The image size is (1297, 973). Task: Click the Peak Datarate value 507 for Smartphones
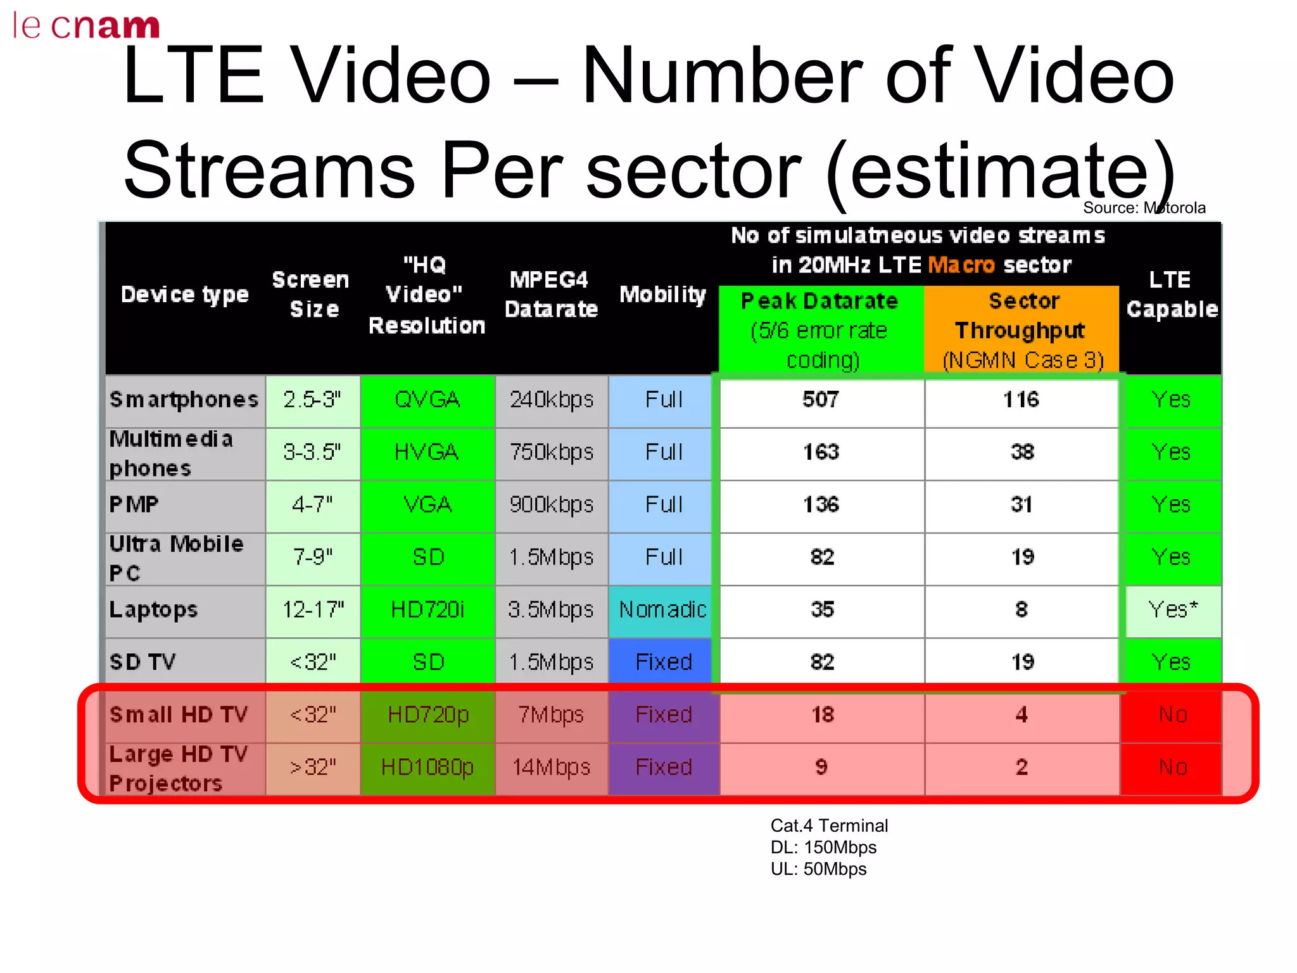pos(821,400)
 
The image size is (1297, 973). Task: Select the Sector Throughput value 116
pos(1022,400)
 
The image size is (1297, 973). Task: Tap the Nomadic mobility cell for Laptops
pos(662,610)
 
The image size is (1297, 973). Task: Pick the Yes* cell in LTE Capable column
pos(1173,610)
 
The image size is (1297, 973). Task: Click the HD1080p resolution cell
pos(427,768)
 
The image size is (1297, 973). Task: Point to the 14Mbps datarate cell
pos(551,768)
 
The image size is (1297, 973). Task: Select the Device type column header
pos(184,295)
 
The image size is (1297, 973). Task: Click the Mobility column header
pos(662,295)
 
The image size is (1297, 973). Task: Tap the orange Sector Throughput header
pos(1022,329)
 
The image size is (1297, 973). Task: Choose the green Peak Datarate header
pos(821,329)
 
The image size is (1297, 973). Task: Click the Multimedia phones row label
pos(171,454)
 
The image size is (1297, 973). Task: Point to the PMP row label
pos(134,505)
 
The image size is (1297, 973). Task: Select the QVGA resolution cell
pos(427,400)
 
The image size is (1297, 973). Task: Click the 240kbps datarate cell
pos(551,400)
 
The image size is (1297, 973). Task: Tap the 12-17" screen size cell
pos(313,610)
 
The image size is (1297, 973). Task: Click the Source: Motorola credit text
pos(1144,208)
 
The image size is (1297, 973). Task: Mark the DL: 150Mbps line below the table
pos(823,848)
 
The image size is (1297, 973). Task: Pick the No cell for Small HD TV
pos(1173,715)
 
